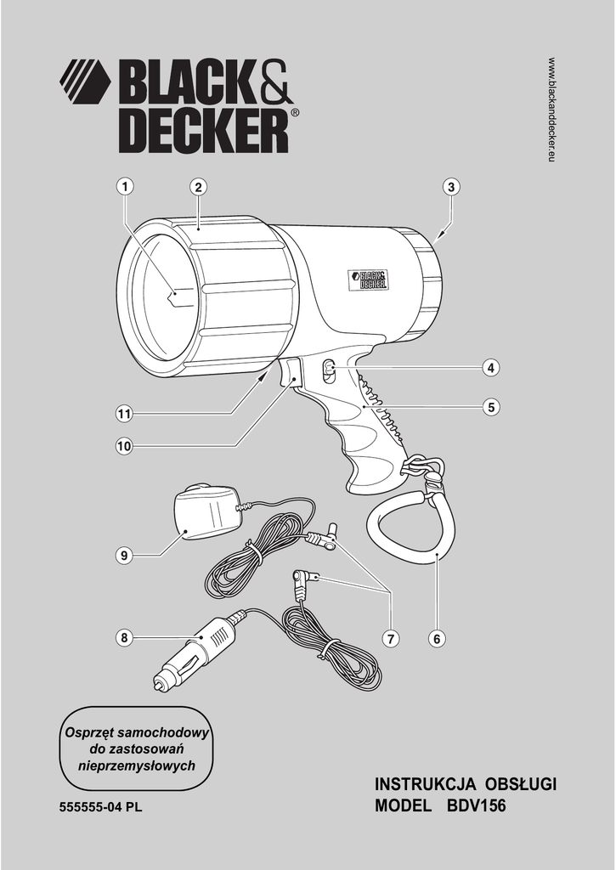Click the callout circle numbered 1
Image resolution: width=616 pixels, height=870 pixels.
pos(125,187)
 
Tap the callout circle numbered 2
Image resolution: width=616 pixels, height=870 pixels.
pos(197,187)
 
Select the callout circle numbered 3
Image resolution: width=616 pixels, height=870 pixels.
pos(450,187)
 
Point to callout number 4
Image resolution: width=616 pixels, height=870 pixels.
pos(490,368)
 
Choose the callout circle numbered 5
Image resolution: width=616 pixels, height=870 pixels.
pos(490,408)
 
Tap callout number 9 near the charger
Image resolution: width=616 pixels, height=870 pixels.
pos(125,556)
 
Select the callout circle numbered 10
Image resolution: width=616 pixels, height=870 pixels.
pos(125,444)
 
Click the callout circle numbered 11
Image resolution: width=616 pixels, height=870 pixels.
pos(125,414)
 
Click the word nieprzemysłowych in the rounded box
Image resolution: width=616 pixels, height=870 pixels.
pos(137,765)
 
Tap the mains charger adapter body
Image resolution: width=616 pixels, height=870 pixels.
pos(204,512)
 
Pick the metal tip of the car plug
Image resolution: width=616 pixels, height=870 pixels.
pos(159,682)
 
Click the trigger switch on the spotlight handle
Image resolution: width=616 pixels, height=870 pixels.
pos(291,374)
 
